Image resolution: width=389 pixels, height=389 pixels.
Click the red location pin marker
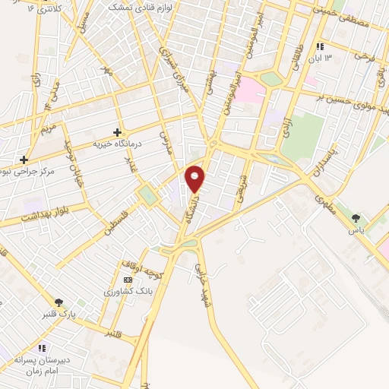click(x=195, y=179)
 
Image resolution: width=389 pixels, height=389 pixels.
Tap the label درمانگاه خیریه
click(x=118, y=143)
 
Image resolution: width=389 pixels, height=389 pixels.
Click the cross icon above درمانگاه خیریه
click(x=117, y=132)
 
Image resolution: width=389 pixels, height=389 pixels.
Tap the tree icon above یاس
click(x=355, y=220)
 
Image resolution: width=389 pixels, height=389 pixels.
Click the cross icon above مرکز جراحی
click(x=25, y=160)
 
